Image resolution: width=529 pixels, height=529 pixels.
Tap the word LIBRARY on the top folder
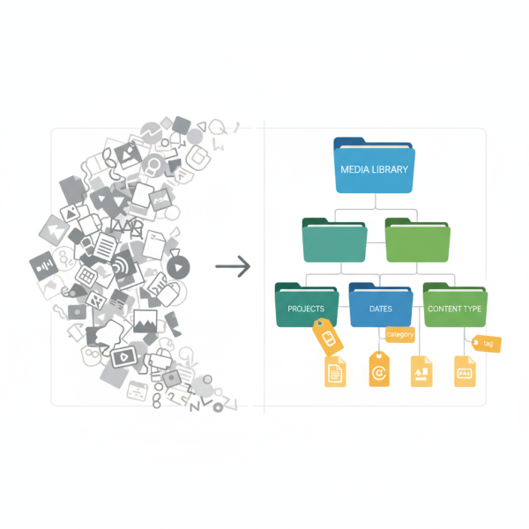pyautogui.click(x=393, y=168)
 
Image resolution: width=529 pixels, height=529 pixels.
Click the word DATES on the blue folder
pyautogui.click(x=380, y=309)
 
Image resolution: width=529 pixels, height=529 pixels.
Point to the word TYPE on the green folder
pyautogui.click(x=474, y=309)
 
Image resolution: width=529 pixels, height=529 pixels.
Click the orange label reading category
pyautogui.click(x=399, y=335)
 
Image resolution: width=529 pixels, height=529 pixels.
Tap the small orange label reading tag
pyautogui.click(x=488, y=344)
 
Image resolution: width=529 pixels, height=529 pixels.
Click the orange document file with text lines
pyautogui.click(x=336, y=371)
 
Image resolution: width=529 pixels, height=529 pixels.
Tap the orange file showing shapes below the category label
pyautogui.click(x=421, y=371)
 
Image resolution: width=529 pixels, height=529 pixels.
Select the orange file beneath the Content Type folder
pyautogui.click(x=465, y=371)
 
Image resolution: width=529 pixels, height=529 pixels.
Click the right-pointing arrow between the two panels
pyautogui.click(x=233, y=265)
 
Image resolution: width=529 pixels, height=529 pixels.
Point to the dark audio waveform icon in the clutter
pyautogui.click(x=43, y=264)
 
